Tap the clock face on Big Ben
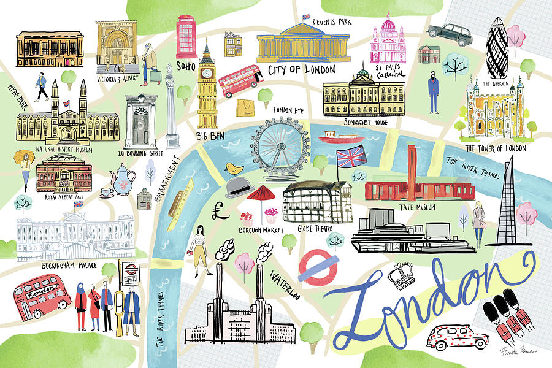(207, 73)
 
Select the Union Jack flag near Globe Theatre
(351, 156)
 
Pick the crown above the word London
(404, 275)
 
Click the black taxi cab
(449, 31)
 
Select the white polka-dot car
(458, 338)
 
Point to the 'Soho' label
(185, 65)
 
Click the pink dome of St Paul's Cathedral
(388, 26)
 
